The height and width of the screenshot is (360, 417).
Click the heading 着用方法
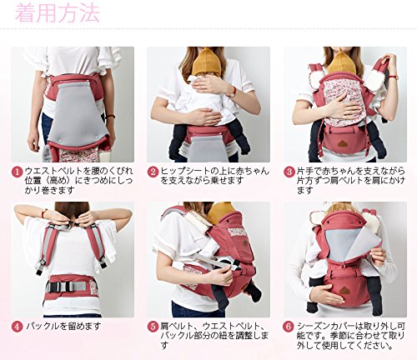pyautogui.click(x=57, y=12)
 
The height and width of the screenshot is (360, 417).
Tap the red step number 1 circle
pyautogui.click(x=18, y=172)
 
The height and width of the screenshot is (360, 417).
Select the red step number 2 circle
pyautogui.click(x=153, y=172)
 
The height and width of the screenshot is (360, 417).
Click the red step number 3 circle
pyautogui.click(x=289, y=172)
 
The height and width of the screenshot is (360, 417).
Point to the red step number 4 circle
pyautogui.click(x=18, y=327)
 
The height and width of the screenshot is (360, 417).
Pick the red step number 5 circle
pyautogui.click(x=153, y=327)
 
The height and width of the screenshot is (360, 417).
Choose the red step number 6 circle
pyautogui.click(x=289, y=327)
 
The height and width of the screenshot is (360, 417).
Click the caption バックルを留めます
pyautogui.click(x=63, y=326)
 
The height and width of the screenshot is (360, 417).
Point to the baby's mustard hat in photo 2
pyautogui.click(x=206, y=62)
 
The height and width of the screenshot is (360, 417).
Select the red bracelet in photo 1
pyautogui.click(x=111, y=116)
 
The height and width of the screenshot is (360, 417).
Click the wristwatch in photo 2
pyautogui.click(x=233, y=92)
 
